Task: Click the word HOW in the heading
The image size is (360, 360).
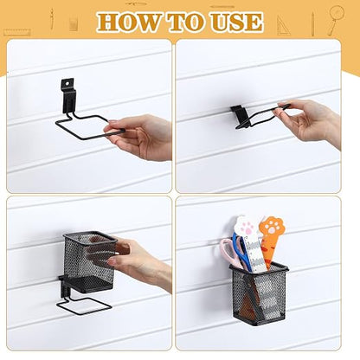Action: point(129,22)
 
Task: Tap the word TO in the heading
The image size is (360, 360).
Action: point(186,22)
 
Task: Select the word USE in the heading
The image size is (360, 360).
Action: point(236,22)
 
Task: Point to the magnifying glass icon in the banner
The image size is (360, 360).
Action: point(336,19)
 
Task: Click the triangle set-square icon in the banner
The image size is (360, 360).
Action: point(283,26)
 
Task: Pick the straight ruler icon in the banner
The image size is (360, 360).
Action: point(16,32)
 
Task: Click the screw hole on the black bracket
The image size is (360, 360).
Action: point(67,83)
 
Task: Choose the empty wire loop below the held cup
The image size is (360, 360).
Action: point(84,305)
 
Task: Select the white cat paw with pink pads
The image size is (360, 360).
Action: point(245,227)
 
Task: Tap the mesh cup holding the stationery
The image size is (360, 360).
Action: point(259,294)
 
